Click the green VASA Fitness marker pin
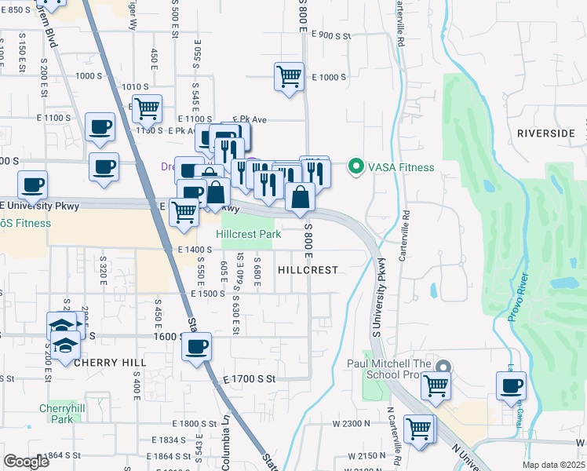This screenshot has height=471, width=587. [355, 166]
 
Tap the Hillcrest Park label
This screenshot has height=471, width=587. [249, 234]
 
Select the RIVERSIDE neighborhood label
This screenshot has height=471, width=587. [546, 133]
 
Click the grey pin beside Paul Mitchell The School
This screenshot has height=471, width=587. [443, 367]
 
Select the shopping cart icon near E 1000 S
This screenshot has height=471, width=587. [289, 77]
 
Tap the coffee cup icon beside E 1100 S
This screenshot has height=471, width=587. [100, 127]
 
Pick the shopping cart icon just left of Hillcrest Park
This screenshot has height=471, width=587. [184, 210]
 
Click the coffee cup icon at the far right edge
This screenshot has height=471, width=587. [511, 385]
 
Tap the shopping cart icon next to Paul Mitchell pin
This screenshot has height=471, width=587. [435, 385]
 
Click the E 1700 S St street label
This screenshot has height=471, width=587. [250, 378]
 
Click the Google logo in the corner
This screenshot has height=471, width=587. [27, 462]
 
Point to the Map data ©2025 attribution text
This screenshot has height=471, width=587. [554, 465]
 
